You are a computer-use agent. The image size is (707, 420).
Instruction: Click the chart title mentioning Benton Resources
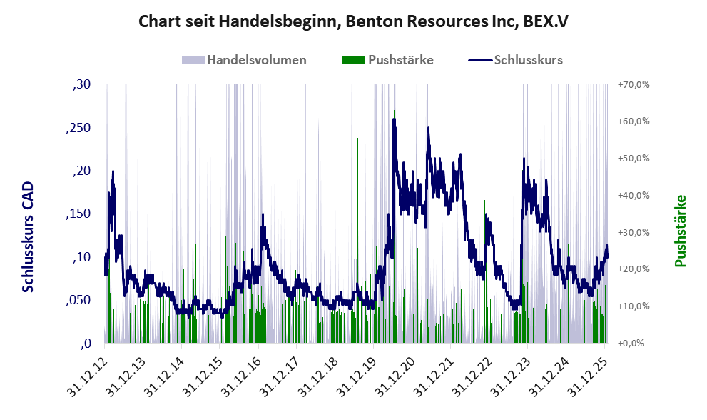353,21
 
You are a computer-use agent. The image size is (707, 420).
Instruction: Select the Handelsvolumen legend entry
247,60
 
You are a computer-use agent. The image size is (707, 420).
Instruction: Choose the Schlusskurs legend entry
517,60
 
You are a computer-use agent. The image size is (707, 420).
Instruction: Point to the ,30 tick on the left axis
82,85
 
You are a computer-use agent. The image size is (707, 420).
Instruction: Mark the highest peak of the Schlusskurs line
394,119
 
